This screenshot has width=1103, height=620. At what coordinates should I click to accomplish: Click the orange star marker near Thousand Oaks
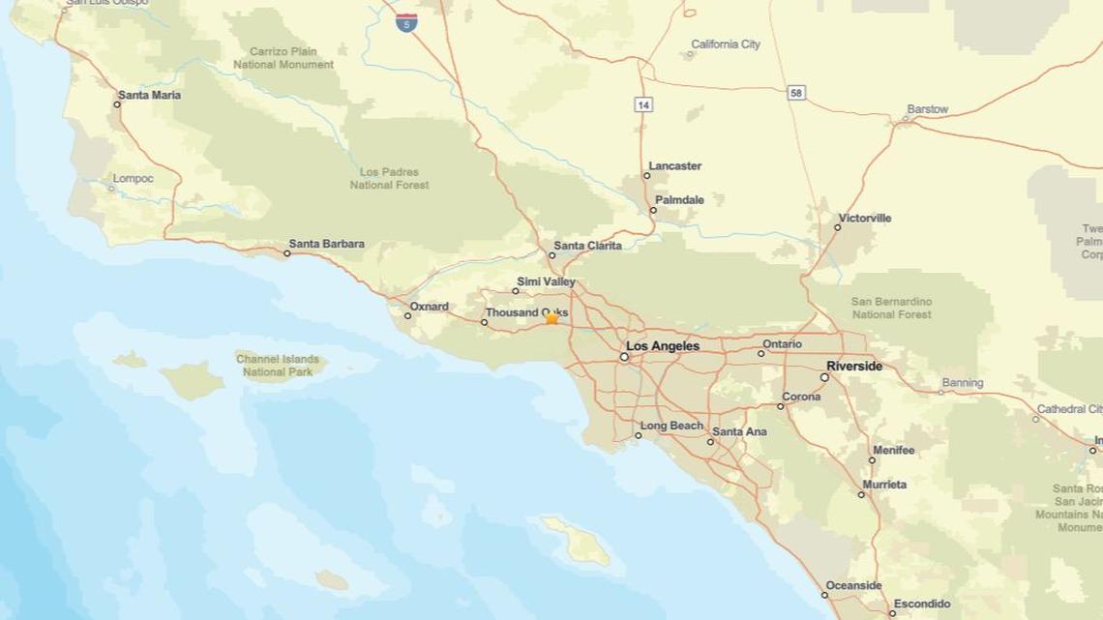551,318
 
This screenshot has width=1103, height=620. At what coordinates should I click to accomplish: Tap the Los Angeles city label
663,346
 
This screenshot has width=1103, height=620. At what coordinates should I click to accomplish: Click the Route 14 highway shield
643,103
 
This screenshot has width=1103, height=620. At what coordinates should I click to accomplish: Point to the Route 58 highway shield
796,93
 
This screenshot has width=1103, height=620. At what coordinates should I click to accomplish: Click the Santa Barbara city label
326,244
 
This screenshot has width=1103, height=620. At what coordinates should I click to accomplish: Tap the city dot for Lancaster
647,176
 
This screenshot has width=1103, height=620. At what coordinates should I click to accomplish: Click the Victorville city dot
838,227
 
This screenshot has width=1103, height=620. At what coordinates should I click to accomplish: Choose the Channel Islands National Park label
278,366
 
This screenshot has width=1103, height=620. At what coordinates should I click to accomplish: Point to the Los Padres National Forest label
389,178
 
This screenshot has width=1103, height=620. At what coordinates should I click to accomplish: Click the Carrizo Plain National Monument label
283,58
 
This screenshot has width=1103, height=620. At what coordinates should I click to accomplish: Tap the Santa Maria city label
149,96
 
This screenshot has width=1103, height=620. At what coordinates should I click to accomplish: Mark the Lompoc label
133,179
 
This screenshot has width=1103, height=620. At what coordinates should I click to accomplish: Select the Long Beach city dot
638,435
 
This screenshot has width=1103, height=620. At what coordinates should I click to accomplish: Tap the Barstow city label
927,109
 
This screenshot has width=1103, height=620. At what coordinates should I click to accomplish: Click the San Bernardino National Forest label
891,308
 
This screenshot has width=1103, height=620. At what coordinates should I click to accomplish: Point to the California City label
726,44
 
